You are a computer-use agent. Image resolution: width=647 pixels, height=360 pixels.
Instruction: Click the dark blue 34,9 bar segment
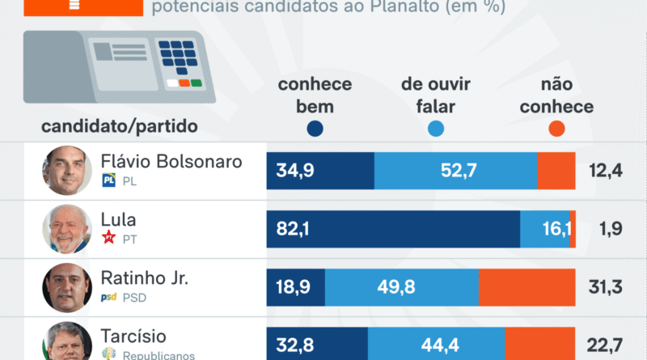pos(320,171)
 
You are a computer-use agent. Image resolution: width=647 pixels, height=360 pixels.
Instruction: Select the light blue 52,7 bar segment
pos(455,171)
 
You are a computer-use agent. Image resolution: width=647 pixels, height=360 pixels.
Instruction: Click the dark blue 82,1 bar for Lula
pos(393,230)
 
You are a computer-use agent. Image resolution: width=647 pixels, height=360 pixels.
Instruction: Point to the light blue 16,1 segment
pos(545,230)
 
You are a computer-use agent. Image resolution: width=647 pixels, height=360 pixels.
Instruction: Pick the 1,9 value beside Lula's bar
pos(611,230)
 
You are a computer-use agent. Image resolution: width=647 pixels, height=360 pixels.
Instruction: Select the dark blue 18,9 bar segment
pos(295,288)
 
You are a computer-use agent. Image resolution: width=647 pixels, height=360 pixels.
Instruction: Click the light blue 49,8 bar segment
pos(401,288)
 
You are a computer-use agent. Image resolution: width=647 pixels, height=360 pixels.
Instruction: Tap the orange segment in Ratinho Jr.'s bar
pos(526,288)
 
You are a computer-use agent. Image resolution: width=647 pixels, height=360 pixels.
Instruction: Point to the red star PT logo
pos(109,238)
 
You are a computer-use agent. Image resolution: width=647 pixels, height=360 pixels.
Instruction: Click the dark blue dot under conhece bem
pos(315,129)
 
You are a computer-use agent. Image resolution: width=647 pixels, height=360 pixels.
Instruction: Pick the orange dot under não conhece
pos(556,129)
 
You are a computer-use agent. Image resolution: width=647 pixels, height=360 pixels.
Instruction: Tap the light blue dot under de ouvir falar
pos(435,129)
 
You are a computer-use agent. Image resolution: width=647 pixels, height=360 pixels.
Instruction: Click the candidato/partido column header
pos(119,126)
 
